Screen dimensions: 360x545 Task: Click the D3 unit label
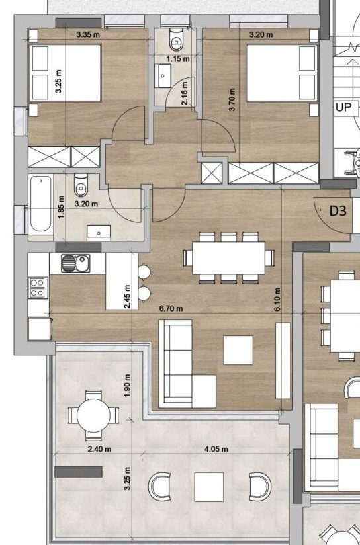pos(338,210)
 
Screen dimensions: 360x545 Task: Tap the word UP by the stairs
pos(343,107)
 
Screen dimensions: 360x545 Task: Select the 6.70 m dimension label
pos(171,308)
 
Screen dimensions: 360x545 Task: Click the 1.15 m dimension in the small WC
pos(178,59)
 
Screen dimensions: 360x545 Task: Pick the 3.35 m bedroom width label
pos(89,35)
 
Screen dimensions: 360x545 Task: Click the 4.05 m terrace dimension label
pos(216,449)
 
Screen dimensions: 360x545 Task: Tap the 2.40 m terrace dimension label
pos(99,449)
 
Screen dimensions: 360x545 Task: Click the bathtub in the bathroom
pos(40,204)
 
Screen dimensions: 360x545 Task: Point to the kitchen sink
pos(75,263)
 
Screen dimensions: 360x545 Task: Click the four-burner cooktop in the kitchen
pos(38,288)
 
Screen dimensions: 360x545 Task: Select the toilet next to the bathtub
pos(81,186)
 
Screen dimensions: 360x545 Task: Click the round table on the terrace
pos(93,415)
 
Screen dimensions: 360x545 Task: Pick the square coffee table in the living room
pos(238,350)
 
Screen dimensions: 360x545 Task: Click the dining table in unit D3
pos(229,258)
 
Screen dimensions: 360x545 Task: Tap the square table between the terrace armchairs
pos(208,487)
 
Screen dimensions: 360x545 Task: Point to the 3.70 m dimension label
pos(232,100)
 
